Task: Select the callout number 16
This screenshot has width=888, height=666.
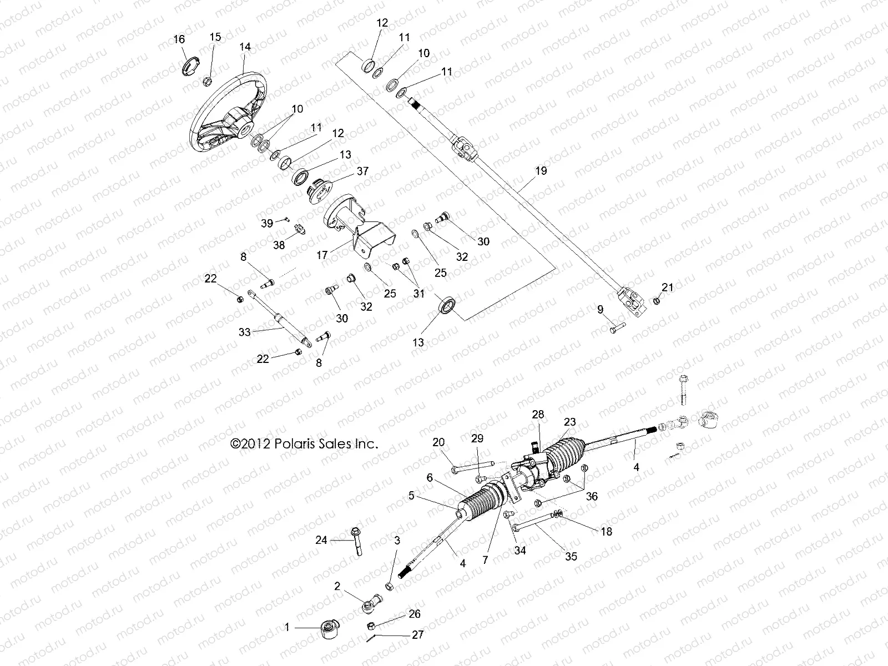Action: [x=179, y=39]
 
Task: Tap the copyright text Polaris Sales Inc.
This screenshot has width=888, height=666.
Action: [x=304, y=444]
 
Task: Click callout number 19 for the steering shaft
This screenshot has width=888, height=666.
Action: [x=541, y=170]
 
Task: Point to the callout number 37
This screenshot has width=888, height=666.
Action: [x=362, y=171]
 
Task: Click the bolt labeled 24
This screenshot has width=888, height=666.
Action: [x=355, y=541]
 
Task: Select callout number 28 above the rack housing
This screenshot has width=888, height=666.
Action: [x=538, y=414]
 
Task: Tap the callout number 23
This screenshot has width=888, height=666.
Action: [x=570, y=422]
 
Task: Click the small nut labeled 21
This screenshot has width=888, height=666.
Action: [x=656, y=301]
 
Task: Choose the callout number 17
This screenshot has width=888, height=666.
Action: [x=322, y=256]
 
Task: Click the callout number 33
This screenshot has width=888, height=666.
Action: [x=245, y=332]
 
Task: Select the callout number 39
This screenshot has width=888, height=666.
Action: [x=267, y=223]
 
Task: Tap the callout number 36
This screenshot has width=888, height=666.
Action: [x=592, y=496]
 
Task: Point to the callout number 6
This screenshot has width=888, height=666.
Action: [x=430, y=477]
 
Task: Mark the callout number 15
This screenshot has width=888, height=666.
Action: [x=215, y=37]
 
